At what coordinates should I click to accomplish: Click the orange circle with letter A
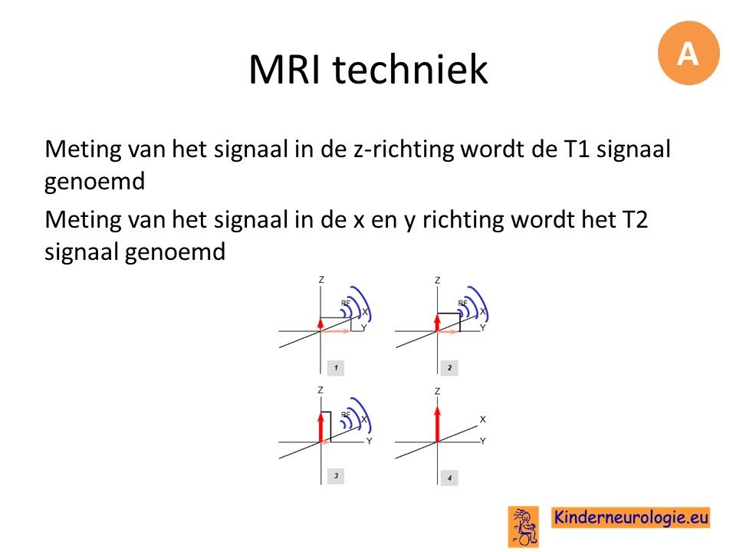688,53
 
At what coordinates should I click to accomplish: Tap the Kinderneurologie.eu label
630,517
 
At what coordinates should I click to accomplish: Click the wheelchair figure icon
524,527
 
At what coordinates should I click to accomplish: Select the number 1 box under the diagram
336,368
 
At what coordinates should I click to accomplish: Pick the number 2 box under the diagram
449,368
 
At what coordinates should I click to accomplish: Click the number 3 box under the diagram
336,476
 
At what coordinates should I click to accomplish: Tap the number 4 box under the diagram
449,478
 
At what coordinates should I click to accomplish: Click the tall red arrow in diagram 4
438,424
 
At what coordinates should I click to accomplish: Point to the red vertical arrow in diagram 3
321,427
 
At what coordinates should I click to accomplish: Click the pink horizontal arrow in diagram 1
336,331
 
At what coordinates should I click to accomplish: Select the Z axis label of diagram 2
438,281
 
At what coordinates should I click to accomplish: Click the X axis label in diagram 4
482,419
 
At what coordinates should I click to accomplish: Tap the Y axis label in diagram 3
370,442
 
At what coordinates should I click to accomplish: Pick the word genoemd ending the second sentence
175,252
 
